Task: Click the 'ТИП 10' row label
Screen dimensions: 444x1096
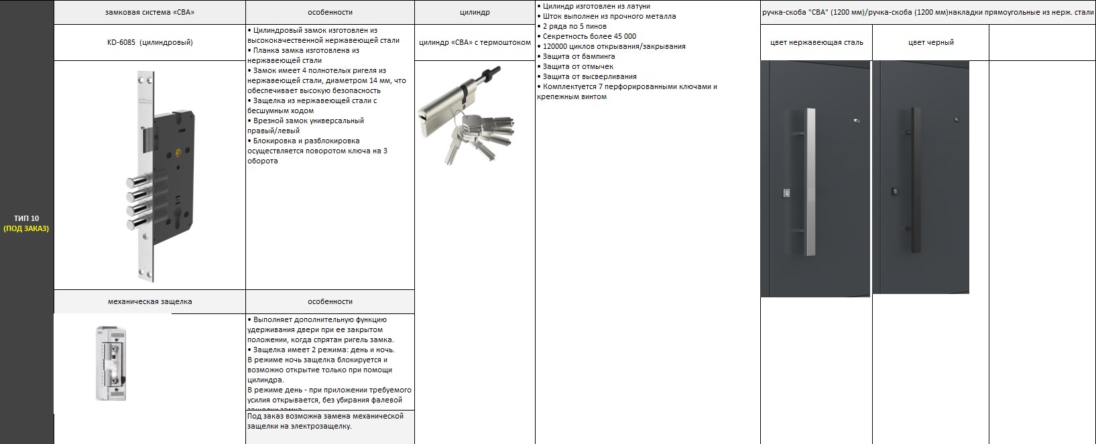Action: [26, 218]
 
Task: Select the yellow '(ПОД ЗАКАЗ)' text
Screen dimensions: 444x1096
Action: [26, 228]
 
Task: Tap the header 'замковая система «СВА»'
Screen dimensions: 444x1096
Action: [150, 12]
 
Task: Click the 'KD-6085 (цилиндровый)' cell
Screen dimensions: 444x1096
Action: [150, 42]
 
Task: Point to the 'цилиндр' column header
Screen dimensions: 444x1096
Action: [475, 12]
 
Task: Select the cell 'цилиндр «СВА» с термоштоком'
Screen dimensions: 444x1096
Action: [475, 42]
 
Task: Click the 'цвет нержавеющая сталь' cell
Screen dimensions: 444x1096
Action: [816, 42]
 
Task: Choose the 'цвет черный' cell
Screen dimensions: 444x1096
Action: [930, 42]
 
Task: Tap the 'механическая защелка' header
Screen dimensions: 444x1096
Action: [149, 301]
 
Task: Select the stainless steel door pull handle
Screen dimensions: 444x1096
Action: [811, 181]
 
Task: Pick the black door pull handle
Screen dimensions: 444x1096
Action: [912, 181]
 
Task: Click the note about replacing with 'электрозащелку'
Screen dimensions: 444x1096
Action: [325, 421]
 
